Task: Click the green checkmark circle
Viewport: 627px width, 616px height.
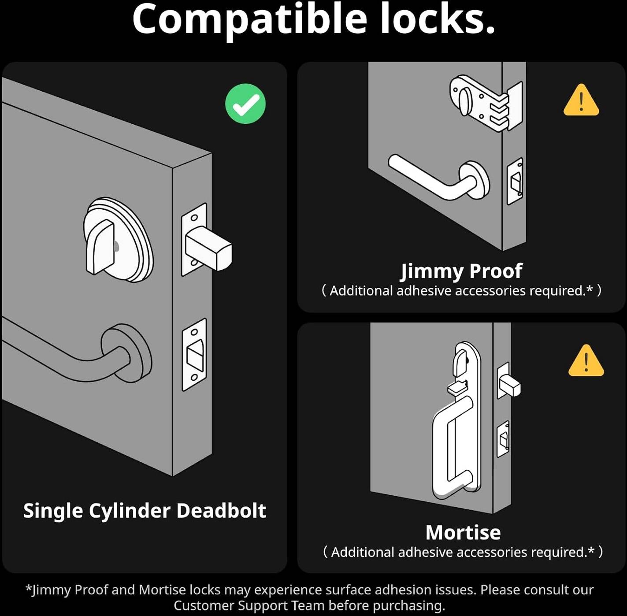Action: click(x=245, y=104)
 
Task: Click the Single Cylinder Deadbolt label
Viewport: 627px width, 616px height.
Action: click(x=145, y=510)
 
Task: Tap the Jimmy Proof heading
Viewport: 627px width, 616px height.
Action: click(x=461, y=271)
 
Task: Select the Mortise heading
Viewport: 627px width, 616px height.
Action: click(x=463, y=533)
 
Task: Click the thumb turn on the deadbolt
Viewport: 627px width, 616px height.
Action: click(x=100, y=247)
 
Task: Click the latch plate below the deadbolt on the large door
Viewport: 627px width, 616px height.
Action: click(x=194, y=355)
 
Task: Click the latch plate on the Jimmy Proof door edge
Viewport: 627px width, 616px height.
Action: click(x=515, y=181)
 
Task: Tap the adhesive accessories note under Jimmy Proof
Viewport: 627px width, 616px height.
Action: click(x=461, y=290)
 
